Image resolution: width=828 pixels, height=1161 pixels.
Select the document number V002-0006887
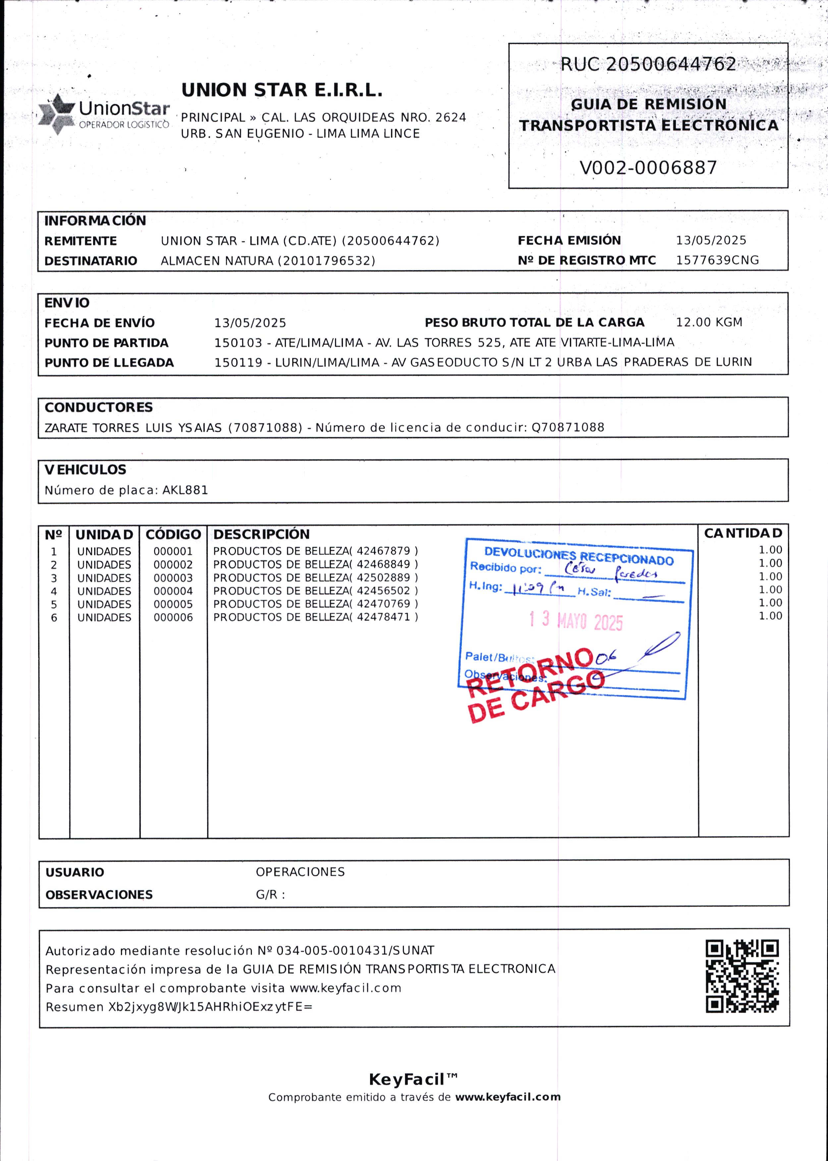tap(648, 168)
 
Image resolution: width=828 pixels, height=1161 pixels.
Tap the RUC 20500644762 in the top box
tap(648, 64)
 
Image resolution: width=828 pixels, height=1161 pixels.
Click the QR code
tap(742, 976)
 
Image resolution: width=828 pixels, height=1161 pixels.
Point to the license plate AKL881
tap(185, 490)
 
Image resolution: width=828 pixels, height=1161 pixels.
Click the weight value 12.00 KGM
tap(709, 322)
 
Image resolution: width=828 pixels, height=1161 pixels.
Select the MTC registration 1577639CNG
tap(717, 260)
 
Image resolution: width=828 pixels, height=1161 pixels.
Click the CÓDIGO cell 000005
tap(173, 604)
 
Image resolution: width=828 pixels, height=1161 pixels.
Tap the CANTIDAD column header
tap(742, 533)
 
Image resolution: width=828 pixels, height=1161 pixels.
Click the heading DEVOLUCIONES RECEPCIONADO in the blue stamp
tap(579, 557)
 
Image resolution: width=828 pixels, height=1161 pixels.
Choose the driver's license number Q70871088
tap(568, 427)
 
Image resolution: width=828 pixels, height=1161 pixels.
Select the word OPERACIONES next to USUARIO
tap(300, 872)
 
